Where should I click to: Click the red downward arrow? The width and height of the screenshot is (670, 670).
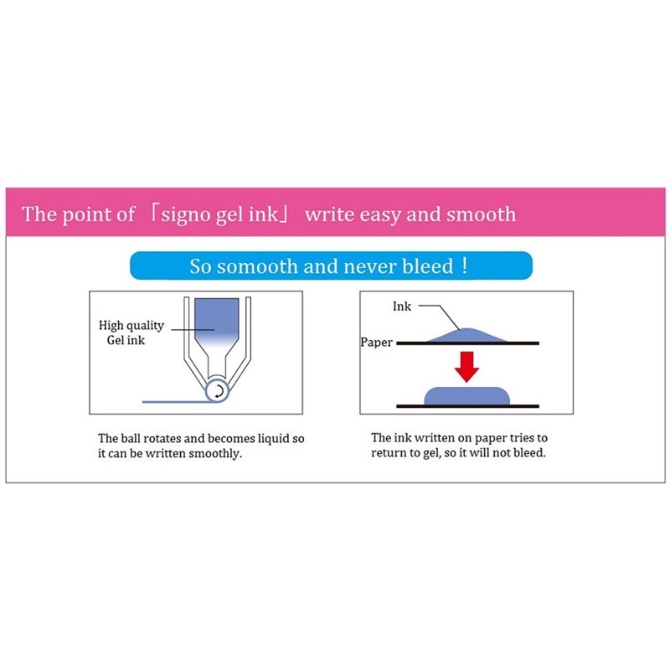(466, 367)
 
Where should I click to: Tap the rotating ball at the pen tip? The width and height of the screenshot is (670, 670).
(217, 390)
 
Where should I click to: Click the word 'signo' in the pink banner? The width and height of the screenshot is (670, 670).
(186, 214)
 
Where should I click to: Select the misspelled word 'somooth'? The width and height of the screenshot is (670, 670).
(257, 266)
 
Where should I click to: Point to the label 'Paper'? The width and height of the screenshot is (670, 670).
(376, 343)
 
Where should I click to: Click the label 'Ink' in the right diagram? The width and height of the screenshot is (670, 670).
(402, 306)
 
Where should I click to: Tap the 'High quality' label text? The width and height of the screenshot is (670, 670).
(131, 326)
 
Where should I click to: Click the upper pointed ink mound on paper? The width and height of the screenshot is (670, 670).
(467, 335)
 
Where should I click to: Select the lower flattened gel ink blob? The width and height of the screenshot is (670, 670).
(467, 395)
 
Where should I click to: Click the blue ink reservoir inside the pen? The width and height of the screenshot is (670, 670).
(217, 318)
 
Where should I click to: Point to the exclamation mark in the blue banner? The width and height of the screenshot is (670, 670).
(465, 265)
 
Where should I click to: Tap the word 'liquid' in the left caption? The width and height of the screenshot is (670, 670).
(273, 439)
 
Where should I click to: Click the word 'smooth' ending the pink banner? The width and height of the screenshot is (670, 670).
(481, 214)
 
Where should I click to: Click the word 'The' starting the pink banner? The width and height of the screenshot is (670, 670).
(39, 214)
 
